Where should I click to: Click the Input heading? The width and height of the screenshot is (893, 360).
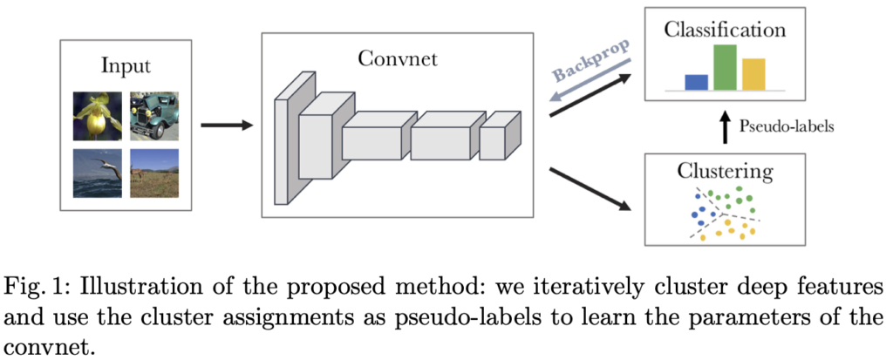(126, 65)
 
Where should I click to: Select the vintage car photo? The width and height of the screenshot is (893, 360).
(153, 116)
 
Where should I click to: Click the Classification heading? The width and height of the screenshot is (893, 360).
(725, 30)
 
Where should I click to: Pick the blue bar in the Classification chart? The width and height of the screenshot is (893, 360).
(696, 82)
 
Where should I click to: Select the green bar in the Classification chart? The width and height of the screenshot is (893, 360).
(726, 67)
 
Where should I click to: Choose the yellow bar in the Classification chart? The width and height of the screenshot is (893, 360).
(753, 74)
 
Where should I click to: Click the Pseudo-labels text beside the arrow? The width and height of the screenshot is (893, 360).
(787, 126)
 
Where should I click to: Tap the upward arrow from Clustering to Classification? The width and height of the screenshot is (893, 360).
(723, 126)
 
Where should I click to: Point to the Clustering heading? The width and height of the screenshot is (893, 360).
(725, 170)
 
